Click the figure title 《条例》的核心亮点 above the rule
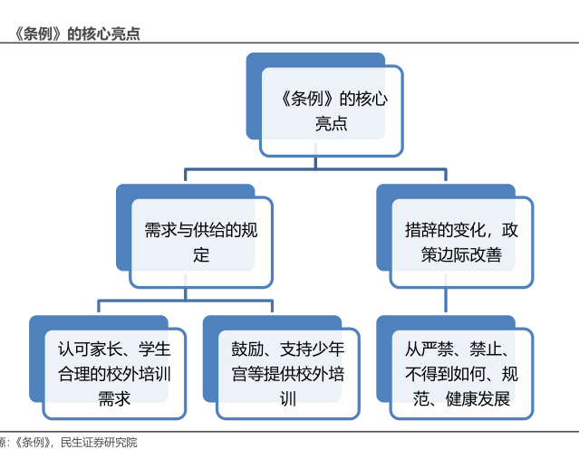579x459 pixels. pyautogui.click(x=76, y=33)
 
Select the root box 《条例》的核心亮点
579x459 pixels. pyautogui.click(x=324, y=105)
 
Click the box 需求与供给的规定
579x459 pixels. pyautogui.click(x=194, y=236)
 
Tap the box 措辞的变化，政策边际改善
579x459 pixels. pyautogui.click(x=455, y=236)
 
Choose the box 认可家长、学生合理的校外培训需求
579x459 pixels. pyautogui.click(x=108, y=368)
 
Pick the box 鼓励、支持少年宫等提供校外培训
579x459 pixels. pyautogui.click(x=281, y=368)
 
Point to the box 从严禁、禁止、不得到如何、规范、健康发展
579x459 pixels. pyautogui.click(x=455, y=368)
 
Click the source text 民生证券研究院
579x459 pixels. pyautogui.click(x=99, y=442)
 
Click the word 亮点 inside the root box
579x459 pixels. pyautogui.click(x=332, y=123)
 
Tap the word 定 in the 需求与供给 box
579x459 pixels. pyautogui.click(x=201, y=255)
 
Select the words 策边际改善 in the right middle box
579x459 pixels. pyautogui.click(x=461, y=255)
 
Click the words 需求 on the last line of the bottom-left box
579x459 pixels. pyautogui.click(x=114, y=399)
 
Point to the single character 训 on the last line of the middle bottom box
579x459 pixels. pyautogui.click(x=288, y=399)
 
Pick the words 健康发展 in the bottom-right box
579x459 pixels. pyautogui.click(x=478, y=399)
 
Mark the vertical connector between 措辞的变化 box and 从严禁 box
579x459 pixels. pyautogui.click(x=446, y=301)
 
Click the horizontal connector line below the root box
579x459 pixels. pyautogui.click(x=315, y=169)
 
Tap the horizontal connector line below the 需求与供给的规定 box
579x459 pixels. pyautogui.click(x=186, y=301)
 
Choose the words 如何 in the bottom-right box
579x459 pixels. pyautogui.click(x=478, y=374)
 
